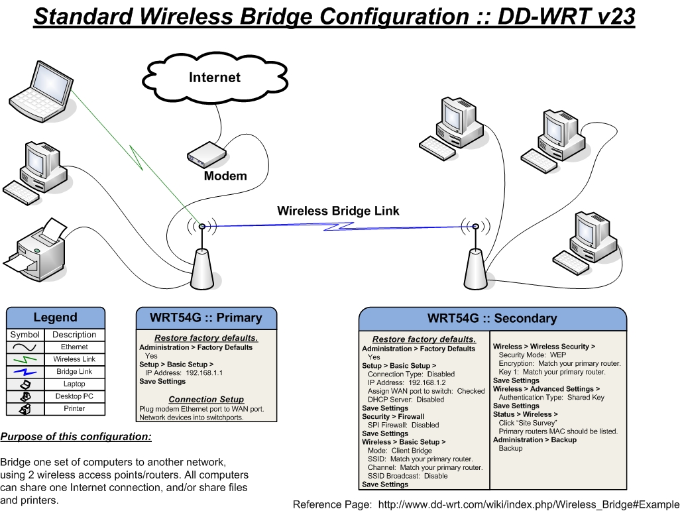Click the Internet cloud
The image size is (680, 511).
coord(215,78)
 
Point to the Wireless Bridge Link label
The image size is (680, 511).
coord(338,211)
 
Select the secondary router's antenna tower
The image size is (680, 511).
coord(474,268)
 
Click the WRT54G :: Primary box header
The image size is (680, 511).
coord(206,317)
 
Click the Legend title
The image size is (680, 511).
coord(56,317)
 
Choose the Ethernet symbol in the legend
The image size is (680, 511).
coord(25,347)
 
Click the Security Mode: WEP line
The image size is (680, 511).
coord(532,355)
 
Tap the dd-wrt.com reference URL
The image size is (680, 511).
coord(528,504)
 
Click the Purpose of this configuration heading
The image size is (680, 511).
coord(76,437)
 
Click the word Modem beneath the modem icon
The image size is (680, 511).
coord(225,176)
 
